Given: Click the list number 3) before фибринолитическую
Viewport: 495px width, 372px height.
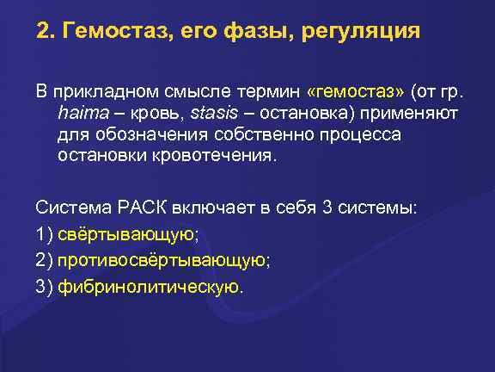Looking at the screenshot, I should (45, 285).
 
